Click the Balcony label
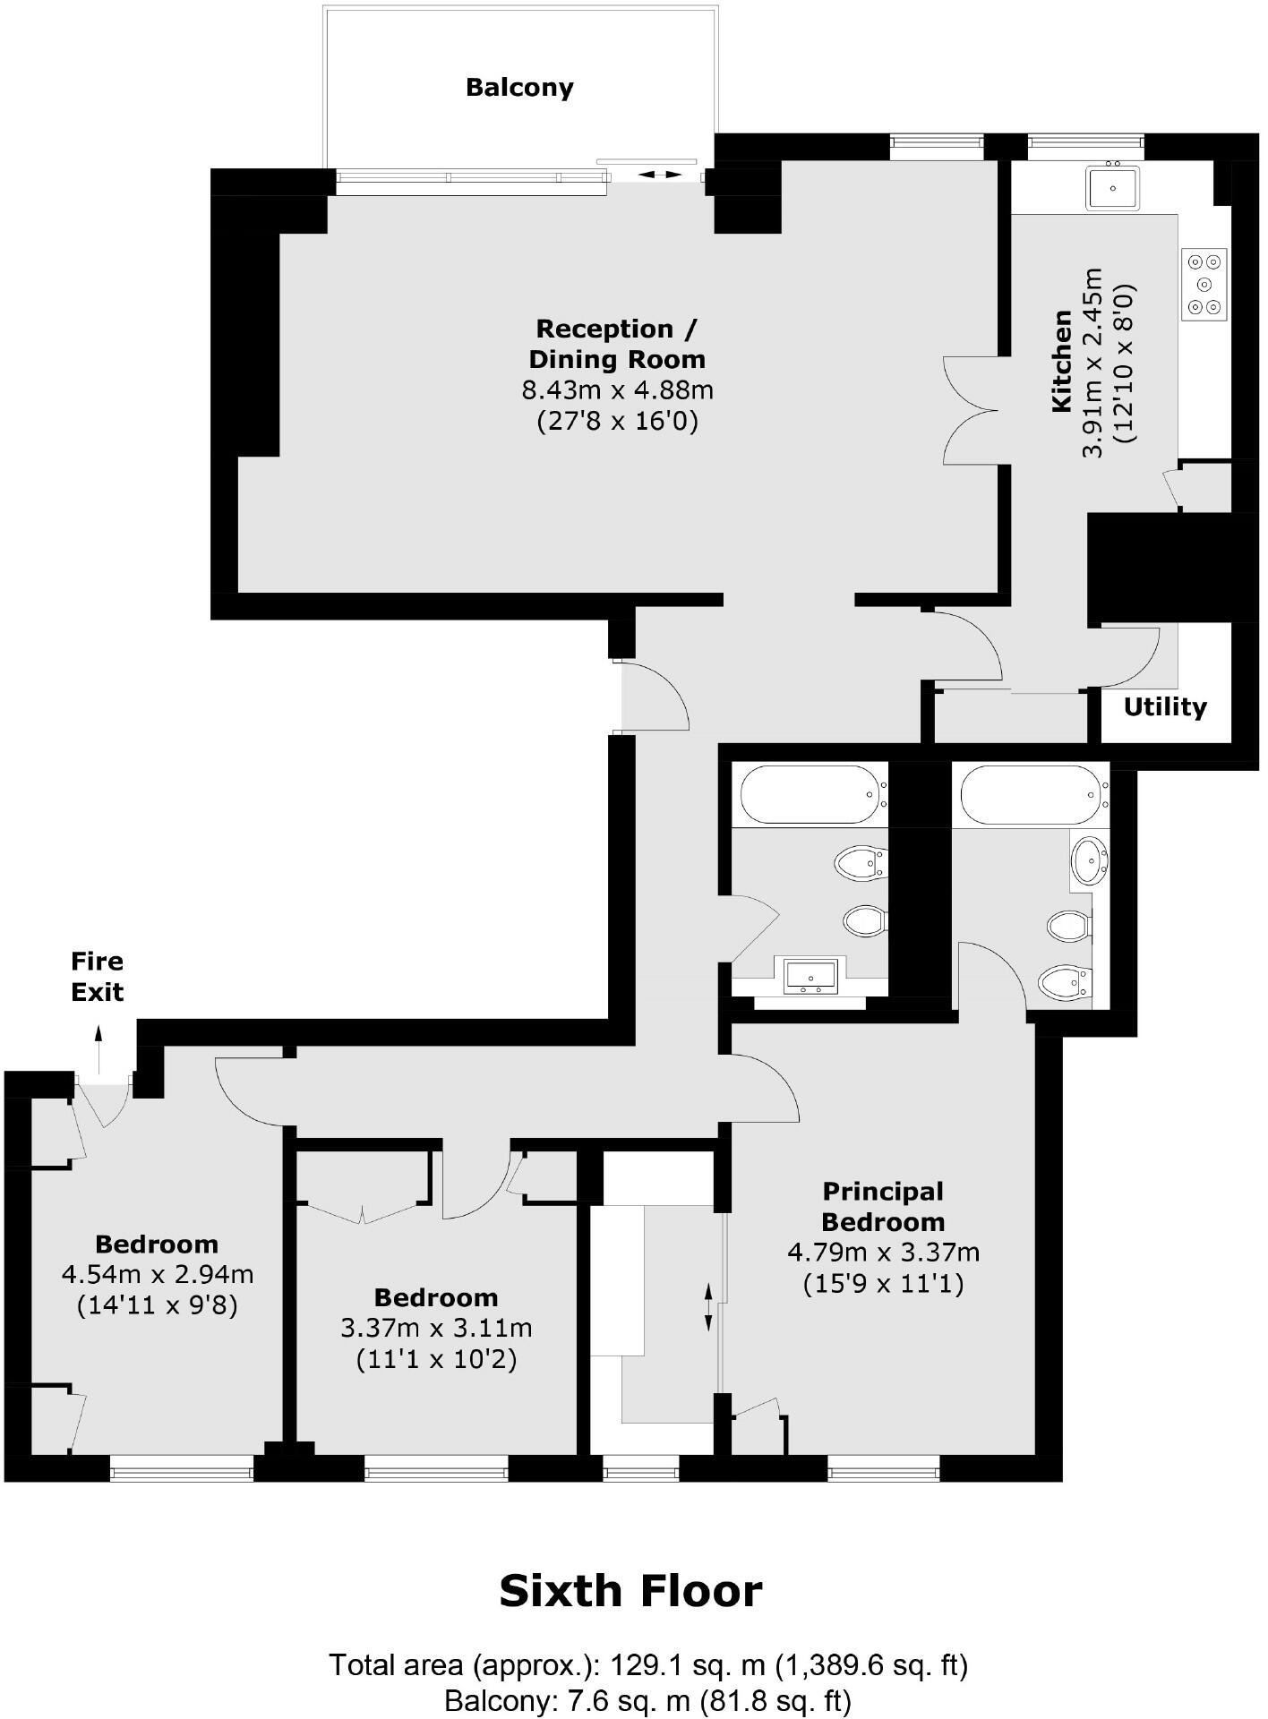pyautogui.click(x=519, y=88)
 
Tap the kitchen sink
pyautogui.click(x=1113, y=188)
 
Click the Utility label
pyautogui.click(x=1165, y=707)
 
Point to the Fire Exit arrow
pyautogui.click(x=99, y=1048)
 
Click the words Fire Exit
pyautogui.click(x=98, y=977)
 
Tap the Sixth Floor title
pyautogui.click(x=630, y=1591)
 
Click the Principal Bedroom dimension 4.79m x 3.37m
pyautogui.click(x=883, y=1253)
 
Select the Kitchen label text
pyautogui.click(x=1062, y=361)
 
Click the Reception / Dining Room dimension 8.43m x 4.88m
pyautogui.click(x=617, y=390)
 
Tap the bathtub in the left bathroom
pyautogui.click(x=809, y=793)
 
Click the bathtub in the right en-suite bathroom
pyautogui.click(x=1030, y=794)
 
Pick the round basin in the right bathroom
pyautogui.click(x=1089, y=859)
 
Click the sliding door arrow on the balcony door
pyautogui.click(x=659, y=175)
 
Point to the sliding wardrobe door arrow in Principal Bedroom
pyautogui.click(x=708, y=1307)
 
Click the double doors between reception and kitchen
pyautogui.click(x=972, y=411)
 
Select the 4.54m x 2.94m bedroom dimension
pyautogui.click(x=158, y=1274)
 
